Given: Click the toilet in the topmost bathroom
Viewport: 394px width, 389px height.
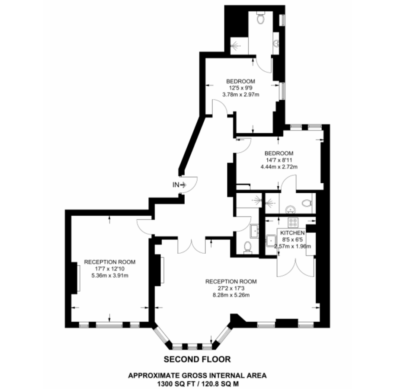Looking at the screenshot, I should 261,19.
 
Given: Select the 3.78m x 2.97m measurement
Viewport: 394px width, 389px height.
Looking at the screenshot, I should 240,94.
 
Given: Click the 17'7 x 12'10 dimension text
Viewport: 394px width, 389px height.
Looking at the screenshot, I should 109,268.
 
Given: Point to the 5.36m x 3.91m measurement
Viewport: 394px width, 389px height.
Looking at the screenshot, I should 109,275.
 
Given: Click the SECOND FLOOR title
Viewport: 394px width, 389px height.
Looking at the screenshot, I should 197,359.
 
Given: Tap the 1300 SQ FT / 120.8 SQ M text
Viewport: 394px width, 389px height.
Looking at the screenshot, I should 197,383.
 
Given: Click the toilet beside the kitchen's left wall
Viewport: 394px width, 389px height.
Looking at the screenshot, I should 248,247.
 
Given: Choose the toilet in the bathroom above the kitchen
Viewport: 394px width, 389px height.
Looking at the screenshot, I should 307,202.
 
